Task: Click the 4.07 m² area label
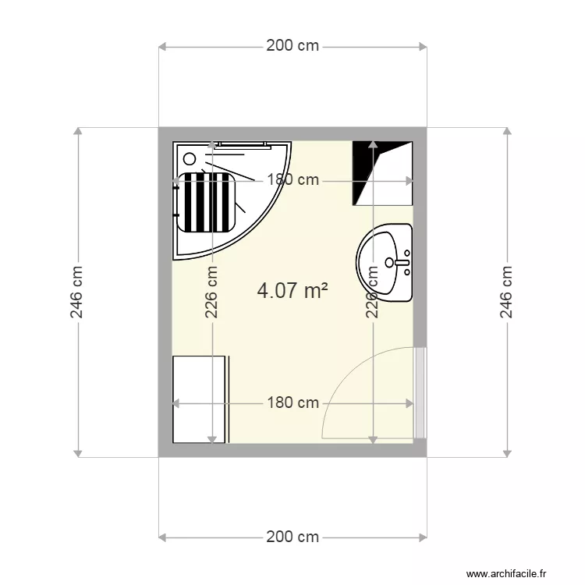(x=292, y=291)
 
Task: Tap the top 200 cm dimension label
(x=292, y=45)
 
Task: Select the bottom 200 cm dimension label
(x=292, y=537)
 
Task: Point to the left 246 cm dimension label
(x=76, y=292)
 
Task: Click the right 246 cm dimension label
(x=506, y=292)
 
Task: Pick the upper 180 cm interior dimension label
(x=292, y=180)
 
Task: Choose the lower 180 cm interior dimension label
(x=292, y=403)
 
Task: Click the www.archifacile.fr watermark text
(x=506, y=573)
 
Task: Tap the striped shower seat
(x=206, y=202)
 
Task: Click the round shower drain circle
(x=190, y=159)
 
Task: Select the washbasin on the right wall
(x=385, y=262)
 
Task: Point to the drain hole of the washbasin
(x=389, y=262)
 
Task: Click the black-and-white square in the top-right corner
(x=382, y=173)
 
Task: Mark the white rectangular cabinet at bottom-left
(x=199, y=399)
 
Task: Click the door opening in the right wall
(x=420, y=392)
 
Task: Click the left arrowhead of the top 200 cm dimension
(x=162, y=47)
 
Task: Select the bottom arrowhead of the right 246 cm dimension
(x=507, y=453)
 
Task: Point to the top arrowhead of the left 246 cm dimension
(x=77, y=131)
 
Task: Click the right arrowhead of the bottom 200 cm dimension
(x=423, y=537)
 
